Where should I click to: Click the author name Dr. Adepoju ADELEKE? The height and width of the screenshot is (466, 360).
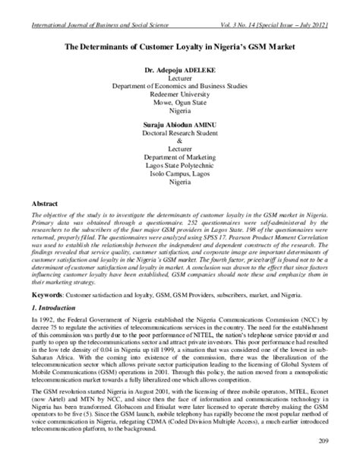(179, 69)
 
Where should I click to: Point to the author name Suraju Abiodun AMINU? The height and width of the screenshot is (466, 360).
(179, 121)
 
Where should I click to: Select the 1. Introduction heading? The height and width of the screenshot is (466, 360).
(39, 308)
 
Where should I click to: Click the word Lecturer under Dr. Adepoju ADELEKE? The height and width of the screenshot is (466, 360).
(180, 78)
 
